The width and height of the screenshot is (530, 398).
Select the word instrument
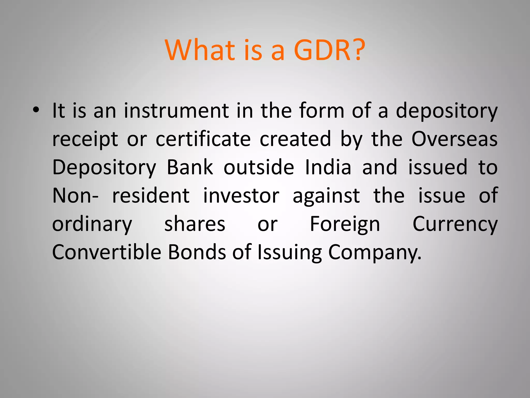pos(176,111)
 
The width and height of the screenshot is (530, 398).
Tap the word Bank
pos(190,167)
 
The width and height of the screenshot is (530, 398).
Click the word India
pos(328,167)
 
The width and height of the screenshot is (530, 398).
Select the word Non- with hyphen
pos(75,196)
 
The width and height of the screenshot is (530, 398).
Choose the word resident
pos(151,196)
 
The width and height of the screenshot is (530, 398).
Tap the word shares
pos(195,224)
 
